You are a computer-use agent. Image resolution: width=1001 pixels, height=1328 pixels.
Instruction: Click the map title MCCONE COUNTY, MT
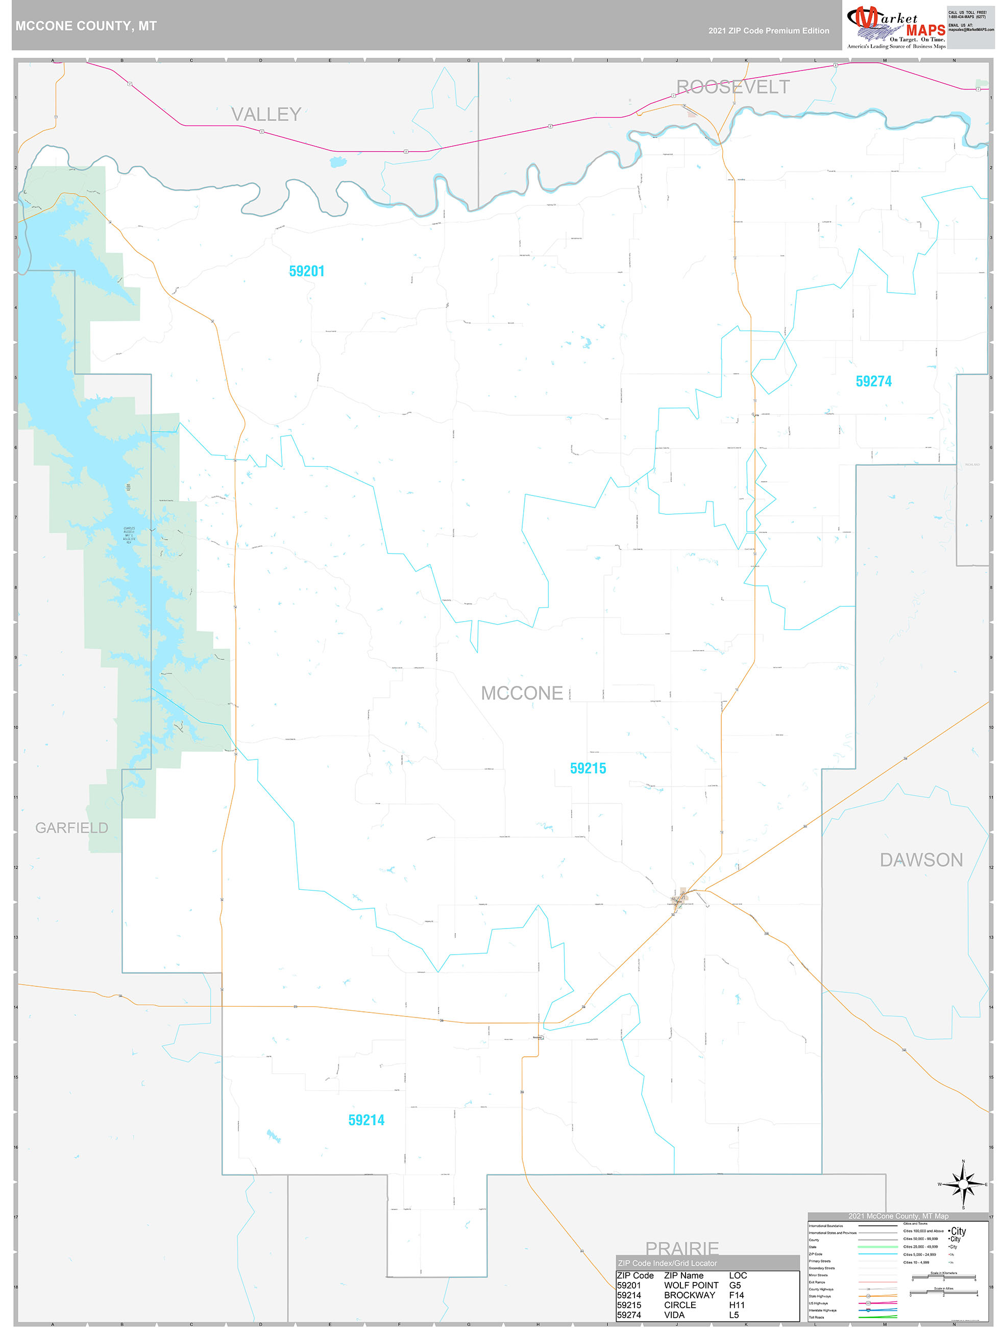[86, 26]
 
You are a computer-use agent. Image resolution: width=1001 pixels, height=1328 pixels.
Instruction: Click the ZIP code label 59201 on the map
[306, 271]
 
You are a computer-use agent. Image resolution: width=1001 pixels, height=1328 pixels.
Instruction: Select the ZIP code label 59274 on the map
[873, 381]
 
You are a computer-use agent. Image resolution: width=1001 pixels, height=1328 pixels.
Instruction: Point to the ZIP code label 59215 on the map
[588, 769]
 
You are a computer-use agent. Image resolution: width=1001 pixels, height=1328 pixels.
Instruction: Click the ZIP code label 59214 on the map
[366, 1120]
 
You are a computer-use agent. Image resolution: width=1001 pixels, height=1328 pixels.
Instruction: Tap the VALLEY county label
[266, 114]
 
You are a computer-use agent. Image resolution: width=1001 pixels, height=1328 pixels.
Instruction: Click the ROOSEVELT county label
[733, 87]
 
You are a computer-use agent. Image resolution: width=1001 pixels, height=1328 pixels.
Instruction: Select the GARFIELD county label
[71, 828]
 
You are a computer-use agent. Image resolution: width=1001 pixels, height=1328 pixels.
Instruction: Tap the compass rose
[963, 1184]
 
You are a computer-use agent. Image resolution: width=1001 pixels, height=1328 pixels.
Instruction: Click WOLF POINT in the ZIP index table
[691, 1286]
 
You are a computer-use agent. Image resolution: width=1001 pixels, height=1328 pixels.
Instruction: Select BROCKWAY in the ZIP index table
[689, 1295]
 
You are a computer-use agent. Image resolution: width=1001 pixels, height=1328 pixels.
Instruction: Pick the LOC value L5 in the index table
[734, 1315]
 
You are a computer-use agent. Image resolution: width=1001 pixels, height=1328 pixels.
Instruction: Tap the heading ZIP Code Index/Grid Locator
[667, 1263]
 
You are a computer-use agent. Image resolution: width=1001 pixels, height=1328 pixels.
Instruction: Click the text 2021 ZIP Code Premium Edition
[768, 31]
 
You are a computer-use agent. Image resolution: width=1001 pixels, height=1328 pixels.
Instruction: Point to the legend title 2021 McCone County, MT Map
[898, 1216]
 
